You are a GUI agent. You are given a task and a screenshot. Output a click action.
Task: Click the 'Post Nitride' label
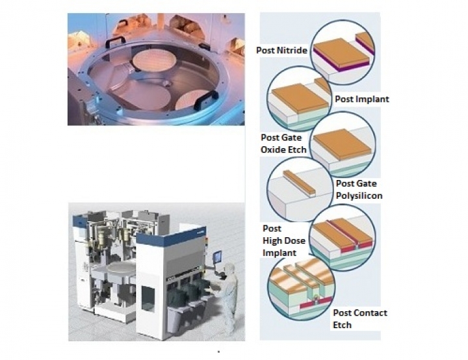(281, 50)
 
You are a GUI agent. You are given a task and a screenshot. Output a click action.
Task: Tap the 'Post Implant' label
(362, 99)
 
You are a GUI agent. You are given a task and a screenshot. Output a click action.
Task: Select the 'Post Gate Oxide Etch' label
(283, 144)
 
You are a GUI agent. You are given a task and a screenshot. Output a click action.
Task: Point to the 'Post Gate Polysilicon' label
(359, 190)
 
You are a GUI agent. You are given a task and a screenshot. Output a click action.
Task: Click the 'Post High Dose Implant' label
(284, 240)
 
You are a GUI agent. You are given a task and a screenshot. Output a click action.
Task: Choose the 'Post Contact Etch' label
(360, 319)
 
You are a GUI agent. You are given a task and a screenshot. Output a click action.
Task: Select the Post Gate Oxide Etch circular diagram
(343, 144)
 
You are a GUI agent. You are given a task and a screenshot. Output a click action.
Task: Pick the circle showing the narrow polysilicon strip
(300, 190)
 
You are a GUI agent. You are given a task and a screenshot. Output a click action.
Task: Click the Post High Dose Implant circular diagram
(343, 238)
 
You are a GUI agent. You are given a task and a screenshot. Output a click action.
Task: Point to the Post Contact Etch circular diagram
(301, 288)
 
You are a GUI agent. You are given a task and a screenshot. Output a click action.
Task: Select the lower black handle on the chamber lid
(206, 100)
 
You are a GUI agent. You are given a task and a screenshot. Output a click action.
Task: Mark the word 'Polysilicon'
(359, 196)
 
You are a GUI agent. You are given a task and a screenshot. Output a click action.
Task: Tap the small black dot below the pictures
(219, 352)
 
